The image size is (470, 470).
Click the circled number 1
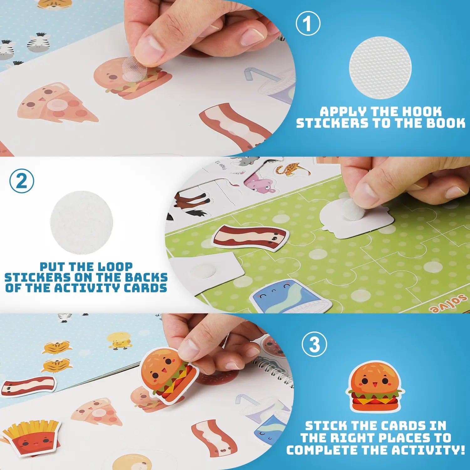tap(308, 24)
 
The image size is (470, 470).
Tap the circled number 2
tap(22, 181)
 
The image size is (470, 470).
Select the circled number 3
tap(314, 344)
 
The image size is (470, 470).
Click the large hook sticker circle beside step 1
tap(380, 68)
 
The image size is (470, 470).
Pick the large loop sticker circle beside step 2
tap(81, 222)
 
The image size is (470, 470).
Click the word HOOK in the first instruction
tap(422, 112)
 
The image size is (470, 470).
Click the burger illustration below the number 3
tap(375, 386)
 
